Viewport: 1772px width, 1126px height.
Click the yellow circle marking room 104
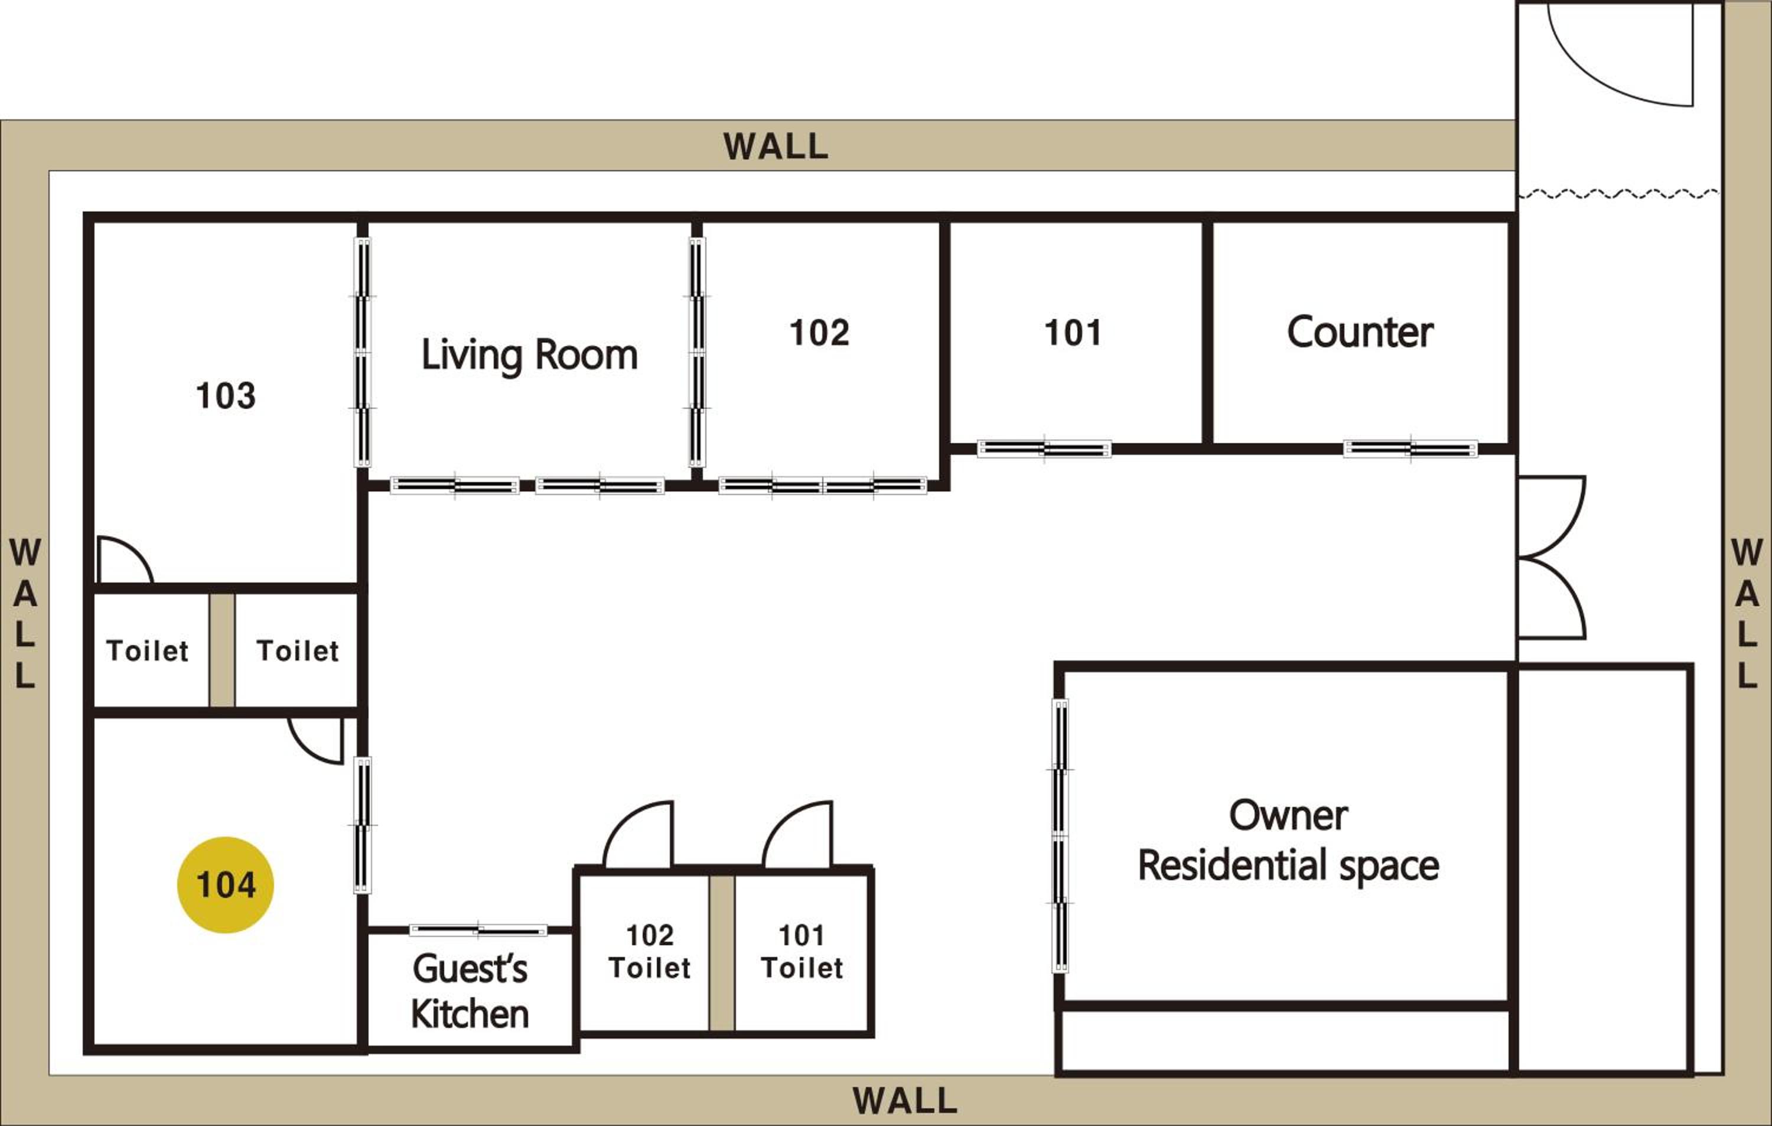(x=225, y=884)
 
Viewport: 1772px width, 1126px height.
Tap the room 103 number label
(x=226, y=395)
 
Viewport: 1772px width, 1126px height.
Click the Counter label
(x=1360, y=332)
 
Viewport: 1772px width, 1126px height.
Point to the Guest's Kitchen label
(x=470, y=991)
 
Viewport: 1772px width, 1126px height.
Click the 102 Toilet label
(x=650, y=952)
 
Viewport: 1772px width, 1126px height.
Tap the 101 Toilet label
(x=802, y=952)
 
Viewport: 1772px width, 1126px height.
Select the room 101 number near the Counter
(x=1073, y=333)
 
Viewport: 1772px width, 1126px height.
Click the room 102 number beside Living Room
(x=819, y=333)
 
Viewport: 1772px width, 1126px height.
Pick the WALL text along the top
(x=776, y=146)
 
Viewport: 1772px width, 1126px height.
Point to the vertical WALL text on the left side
(x=25, y=613)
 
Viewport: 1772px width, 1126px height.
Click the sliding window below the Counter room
(x=1410, y=448)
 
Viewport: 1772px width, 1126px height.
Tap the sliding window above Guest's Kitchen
(x=478, y=930)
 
